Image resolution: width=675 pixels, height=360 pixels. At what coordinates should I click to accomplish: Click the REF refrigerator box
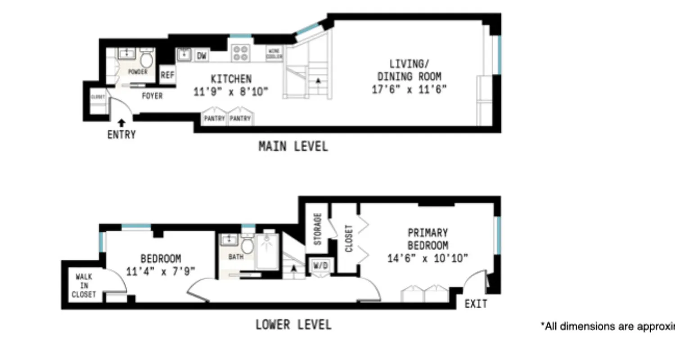coord(167,76)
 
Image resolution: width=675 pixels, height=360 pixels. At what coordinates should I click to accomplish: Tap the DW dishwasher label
coord(202,56)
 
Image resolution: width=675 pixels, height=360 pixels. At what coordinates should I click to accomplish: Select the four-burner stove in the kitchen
coord(241,53)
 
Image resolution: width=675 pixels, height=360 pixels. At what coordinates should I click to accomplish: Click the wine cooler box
coord(275,54)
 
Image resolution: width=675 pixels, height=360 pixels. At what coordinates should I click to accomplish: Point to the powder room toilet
coord(146,59)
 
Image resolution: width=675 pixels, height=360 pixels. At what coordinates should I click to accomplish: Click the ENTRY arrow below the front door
coord(121,122)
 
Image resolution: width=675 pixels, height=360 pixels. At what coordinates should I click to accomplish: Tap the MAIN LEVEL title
coord(293,146)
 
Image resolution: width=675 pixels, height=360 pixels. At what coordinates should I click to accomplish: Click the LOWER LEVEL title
coord(293,324)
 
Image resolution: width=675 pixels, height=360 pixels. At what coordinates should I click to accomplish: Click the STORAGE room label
coord(318,229)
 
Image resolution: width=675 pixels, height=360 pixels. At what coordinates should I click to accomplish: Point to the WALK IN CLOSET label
coord(85,286)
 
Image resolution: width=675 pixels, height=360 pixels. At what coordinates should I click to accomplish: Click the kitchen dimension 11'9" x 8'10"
coord(231,92)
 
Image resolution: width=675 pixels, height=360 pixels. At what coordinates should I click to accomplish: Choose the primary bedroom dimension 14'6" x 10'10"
coord(428,258)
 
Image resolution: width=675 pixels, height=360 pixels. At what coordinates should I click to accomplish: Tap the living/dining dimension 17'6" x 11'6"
coord(409,89)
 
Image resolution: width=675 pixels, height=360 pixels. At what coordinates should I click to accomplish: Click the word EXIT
coord(476,304)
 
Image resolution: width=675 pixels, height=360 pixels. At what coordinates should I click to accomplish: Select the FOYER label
coord(152,96)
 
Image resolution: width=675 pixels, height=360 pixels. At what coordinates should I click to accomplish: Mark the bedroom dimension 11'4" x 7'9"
coord(161,272)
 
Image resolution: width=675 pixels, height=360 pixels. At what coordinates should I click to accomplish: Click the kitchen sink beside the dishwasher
coord(184,55)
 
